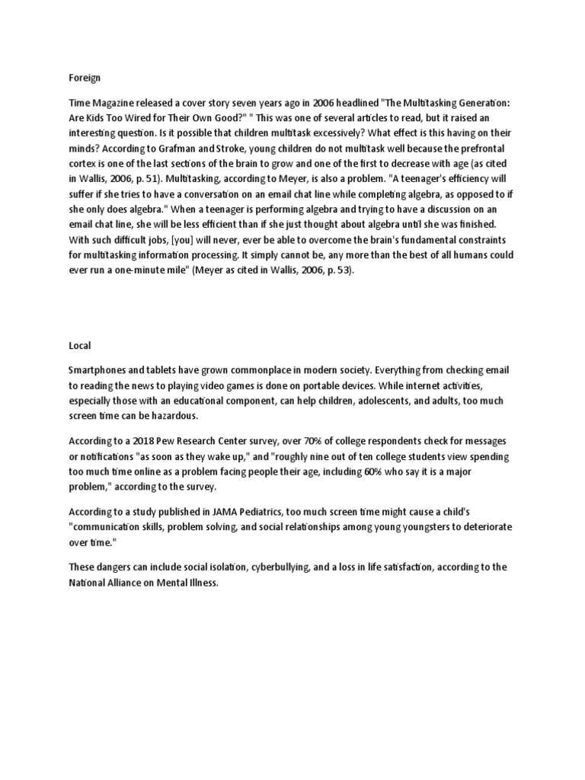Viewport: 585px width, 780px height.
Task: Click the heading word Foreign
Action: pyautogui.click(x=84, y=77)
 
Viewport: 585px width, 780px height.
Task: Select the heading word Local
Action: pyautogui.click(x=79, y=345)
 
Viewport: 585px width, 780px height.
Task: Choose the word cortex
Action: pyautogui.click(x=83, y=165)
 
